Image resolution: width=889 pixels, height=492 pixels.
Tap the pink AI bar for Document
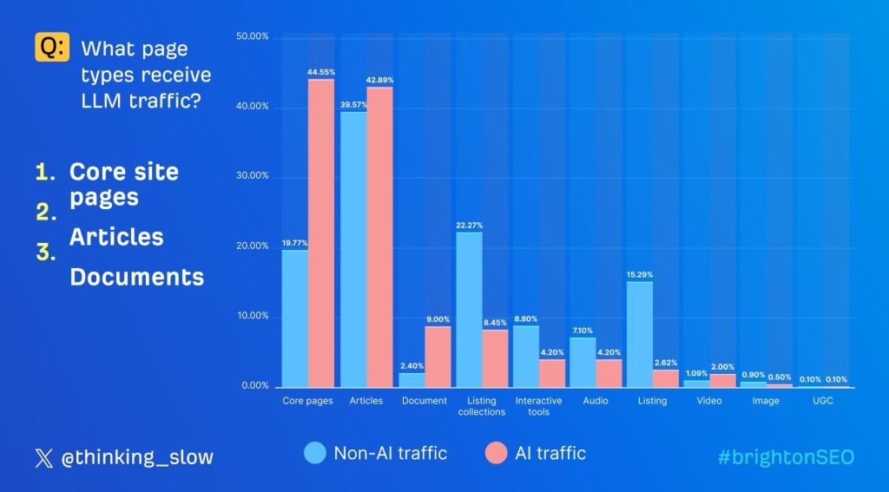(438, 357)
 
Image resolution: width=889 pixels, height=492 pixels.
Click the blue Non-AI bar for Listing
(639, 334)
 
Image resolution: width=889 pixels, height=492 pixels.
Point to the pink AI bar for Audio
(609, 373)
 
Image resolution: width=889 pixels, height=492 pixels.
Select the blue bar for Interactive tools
(525, 356)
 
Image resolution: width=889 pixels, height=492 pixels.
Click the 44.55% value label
(321, 71)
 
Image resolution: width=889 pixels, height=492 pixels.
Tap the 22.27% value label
(469, 225)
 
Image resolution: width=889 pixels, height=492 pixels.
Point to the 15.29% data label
(639, 274)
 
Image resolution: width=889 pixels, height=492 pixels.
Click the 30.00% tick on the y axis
(254, 176)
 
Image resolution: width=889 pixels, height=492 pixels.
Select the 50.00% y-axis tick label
(254, 36)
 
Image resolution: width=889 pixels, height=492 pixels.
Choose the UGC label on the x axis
(822, 401)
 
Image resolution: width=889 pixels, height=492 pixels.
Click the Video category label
(709, 401)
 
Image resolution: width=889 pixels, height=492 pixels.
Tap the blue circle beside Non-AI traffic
(315, 453)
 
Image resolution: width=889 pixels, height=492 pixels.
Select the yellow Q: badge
(51, 48)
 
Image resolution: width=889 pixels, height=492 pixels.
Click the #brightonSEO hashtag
(786, 457)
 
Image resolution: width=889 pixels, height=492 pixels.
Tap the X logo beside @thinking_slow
(43, 458)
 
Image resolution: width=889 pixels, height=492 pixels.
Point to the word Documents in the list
(136, 277)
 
